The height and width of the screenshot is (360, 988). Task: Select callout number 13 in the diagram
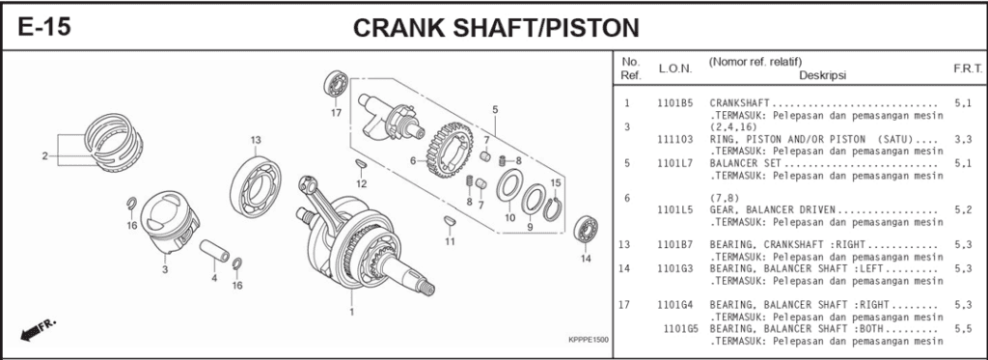[x=256, y=141]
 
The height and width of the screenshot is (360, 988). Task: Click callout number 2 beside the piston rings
[x=44, y=155]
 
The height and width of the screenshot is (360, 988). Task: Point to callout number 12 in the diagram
[x=361, y=182]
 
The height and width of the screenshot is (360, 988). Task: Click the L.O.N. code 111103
[x=674, y=139]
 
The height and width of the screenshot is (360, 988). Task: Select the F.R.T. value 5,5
[x=962, y=328]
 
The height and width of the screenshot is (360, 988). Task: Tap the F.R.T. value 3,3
[x=962, y=139]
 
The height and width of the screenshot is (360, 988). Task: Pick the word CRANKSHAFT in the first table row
[x=741, y=102]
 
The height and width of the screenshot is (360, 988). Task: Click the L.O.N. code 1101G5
[x=681, y=328]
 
